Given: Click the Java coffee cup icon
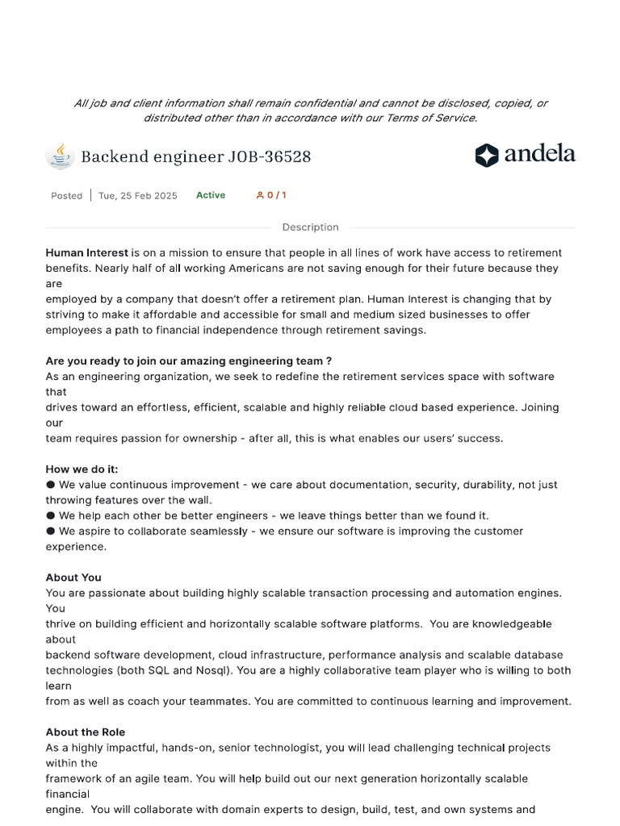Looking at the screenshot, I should pos(60,156).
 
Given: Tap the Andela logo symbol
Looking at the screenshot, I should pos(487,155).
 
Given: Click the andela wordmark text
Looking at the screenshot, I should pos(539,154).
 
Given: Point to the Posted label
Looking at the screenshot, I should pos(66,195).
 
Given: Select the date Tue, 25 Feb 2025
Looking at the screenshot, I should pos(137,195).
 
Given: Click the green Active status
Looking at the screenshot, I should pos(211,195).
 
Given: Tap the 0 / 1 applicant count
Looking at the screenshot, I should pos(271,195).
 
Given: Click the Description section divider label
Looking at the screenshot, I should pos(310,227).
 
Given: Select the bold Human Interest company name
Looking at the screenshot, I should pos(86,252).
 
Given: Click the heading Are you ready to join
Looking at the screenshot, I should pos(188,361).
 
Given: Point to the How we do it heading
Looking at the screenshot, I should pos(82,469).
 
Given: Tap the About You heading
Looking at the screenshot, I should pos(73,578).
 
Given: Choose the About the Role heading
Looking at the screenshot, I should pos(85,732).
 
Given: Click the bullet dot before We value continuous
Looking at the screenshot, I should pos(51,485).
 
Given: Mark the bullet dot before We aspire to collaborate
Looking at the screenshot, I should pos(51,531).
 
